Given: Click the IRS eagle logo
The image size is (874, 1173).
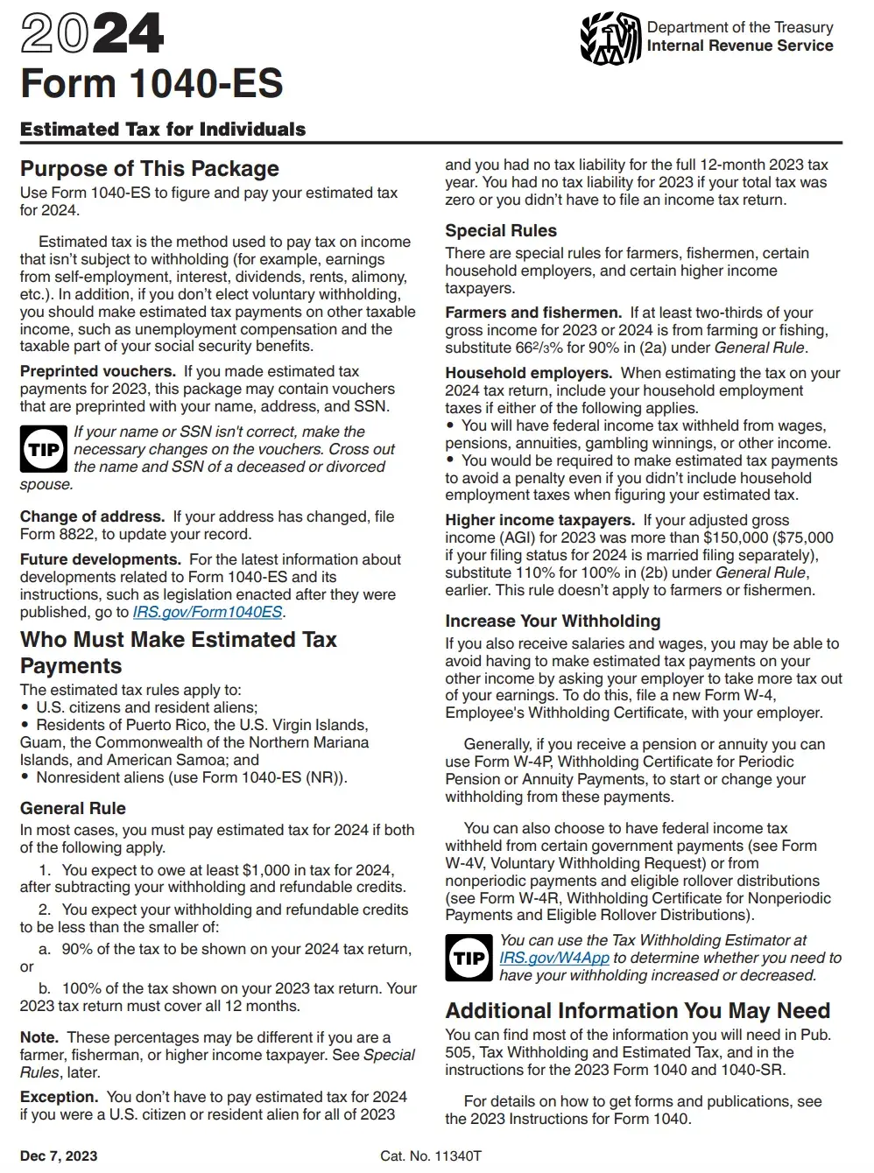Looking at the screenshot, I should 610,39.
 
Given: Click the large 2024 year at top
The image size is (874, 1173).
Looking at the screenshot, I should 92,34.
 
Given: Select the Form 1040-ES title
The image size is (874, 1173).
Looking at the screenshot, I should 152,84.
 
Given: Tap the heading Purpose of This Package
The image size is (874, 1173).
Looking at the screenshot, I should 150,168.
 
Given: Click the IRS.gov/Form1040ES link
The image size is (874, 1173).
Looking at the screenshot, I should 208,612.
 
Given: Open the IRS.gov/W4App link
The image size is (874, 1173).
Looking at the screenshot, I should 553,958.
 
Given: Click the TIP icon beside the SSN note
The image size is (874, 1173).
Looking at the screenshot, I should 43,449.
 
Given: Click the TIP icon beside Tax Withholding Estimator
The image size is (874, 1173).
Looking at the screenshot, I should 469,958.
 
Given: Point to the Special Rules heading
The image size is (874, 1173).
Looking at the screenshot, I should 501,230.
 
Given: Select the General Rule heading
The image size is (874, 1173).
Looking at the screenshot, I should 73,808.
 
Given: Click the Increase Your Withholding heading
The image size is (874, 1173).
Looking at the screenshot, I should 553,621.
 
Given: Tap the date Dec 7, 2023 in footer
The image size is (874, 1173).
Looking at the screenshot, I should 59,1155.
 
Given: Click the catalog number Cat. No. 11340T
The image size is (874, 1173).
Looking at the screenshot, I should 431,1155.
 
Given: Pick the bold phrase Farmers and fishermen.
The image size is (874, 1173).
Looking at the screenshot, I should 533,313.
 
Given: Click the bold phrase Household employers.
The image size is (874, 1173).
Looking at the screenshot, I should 528,373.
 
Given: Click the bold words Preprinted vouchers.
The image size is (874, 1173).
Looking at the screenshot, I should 98,371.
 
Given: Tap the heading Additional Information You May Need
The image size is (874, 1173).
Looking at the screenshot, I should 638,1010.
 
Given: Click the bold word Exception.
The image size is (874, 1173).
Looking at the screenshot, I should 59,1097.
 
